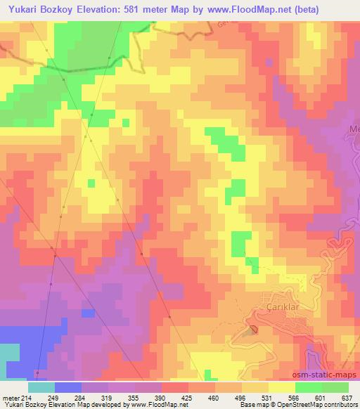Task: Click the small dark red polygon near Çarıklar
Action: pyautogui.click(x=254, y=328)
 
